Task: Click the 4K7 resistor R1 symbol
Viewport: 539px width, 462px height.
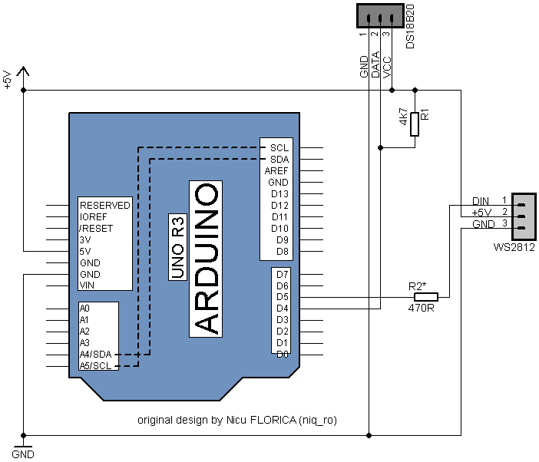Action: click(x=415, y=124)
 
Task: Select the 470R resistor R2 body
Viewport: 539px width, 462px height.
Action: click(x=426, y=297)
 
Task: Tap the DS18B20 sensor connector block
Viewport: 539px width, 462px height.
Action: click(x=380, y=16)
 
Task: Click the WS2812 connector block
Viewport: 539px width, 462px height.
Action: click(x=524, y=216)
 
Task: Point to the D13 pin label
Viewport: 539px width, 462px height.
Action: click(x=279, y=194)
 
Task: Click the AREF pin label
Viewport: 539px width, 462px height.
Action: click(x=276, y=170)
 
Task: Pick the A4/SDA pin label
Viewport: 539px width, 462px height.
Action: click(x=95, y=354)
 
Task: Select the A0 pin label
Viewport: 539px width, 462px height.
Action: click(x=84, y=308)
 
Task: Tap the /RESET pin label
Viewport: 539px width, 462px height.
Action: click(x=96, y=229)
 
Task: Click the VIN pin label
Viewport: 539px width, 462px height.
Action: click(x=87, y=285)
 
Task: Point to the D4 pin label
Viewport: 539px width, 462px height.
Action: click(x=283, y=308)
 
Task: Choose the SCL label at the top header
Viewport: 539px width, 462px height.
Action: click(x=279, y=147)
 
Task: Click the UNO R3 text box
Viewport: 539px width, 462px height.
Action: click(x=177, y=247)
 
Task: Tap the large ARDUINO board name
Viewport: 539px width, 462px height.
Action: click(x=206, y=259)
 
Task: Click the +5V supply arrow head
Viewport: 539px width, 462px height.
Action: click(x=23, y=71)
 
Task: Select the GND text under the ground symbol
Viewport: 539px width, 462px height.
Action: click(x=23, y=454)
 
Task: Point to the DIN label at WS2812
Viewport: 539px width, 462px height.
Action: click(x=481, y=201)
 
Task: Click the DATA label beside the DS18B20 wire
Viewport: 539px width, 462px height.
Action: click(x=375, y=64)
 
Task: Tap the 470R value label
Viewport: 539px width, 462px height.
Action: click(x=421, y=308)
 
